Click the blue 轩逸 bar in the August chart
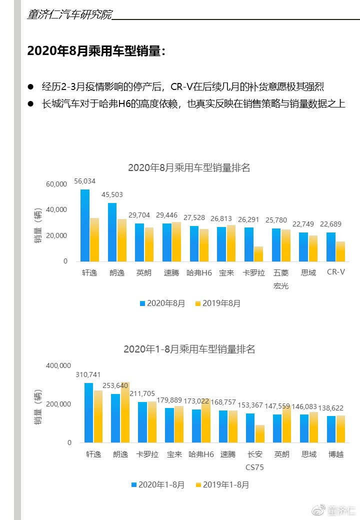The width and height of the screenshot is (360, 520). coord(85,225)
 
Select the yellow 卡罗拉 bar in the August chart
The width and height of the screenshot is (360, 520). coord(258,254)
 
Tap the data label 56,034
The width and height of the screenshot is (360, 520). coord(85,181)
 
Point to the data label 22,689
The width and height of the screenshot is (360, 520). coord(330,224)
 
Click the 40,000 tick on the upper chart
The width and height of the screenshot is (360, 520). coord(56,209)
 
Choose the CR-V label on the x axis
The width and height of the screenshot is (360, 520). coord(336,272)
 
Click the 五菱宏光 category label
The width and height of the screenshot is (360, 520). coord(281,279)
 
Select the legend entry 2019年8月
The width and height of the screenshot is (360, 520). coord(218,303)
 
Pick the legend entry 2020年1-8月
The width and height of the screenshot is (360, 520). coord(158,484)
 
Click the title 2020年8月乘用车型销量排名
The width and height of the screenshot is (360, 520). coord(189,167)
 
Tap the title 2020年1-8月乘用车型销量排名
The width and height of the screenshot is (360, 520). coord(189,349)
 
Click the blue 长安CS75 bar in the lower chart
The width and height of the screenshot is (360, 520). coord(250,428)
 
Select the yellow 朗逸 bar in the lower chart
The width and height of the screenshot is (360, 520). coord(125,412)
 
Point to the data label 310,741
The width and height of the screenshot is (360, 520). coord(88,374)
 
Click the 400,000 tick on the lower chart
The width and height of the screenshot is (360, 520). coord(58,365)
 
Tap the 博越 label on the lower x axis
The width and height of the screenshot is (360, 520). coord(336,454)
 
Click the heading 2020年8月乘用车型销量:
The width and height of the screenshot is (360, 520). coord(96,50)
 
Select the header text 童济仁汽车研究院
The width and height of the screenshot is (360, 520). coord(69,14)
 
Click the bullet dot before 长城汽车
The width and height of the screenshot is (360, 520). coord(31,104)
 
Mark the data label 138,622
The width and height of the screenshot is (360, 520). coord(331,408)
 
